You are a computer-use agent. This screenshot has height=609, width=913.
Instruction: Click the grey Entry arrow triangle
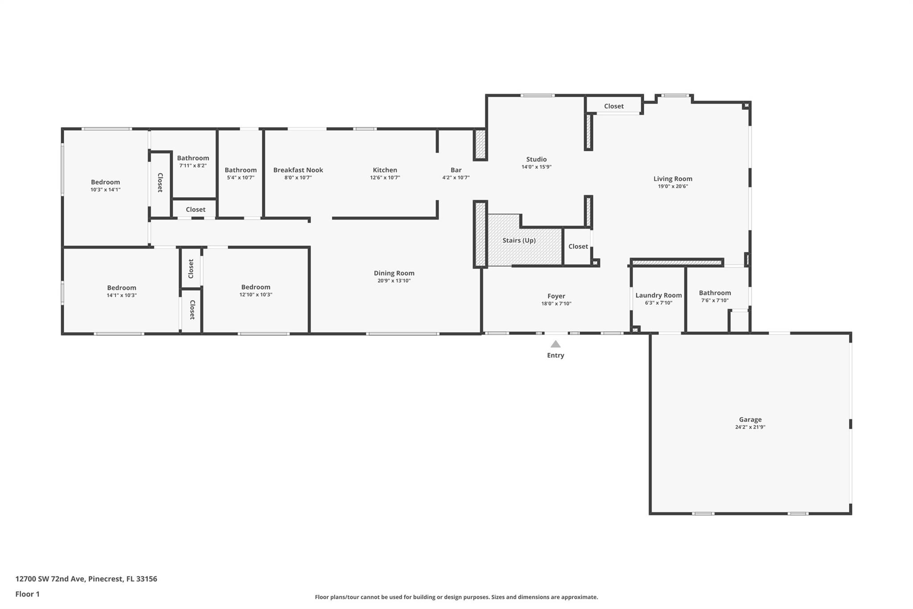click(555, 344)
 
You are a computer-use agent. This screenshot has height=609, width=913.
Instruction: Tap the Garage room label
click(750, 419)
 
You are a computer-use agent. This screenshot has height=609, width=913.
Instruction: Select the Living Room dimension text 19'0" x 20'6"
click(673, 186)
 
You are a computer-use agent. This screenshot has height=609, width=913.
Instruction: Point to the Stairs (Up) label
click(519, 240)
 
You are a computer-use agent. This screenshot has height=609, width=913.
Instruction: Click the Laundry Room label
click(658, 295)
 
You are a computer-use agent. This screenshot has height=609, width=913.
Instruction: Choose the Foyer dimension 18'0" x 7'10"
click(556, 304)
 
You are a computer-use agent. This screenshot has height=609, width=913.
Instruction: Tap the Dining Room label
click(394, 273)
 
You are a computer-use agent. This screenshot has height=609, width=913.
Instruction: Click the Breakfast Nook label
click(298, 170)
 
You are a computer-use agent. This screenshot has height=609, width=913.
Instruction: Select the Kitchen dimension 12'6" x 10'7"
click(385, 178)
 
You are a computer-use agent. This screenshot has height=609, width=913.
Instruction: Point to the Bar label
click(456, 170)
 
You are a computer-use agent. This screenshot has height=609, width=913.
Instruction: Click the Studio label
click(536, 159)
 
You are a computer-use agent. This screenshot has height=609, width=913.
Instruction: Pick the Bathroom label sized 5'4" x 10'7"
click(241, 170)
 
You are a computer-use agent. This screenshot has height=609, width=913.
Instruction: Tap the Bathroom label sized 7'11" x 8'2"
click(193, 158)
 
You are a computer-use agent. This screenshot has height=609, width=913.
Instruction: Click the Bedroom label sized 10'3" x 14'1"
click(106, 182)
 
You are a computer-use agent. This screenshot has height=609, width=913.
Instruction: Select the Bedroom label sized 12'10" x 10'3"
click(256, 287)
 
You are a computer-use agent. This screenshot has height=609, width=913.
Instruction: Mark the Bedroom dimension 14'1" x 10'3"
click(122, 295)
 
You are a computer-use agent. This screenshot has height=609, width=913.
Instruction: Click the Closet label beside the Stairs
click(578, 246)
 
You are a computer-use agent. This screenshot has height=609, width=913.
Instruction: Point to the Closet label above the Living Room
click(614, 106)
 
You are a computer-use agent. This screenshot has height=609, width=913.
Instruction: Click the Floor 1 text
click(28, 594)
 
